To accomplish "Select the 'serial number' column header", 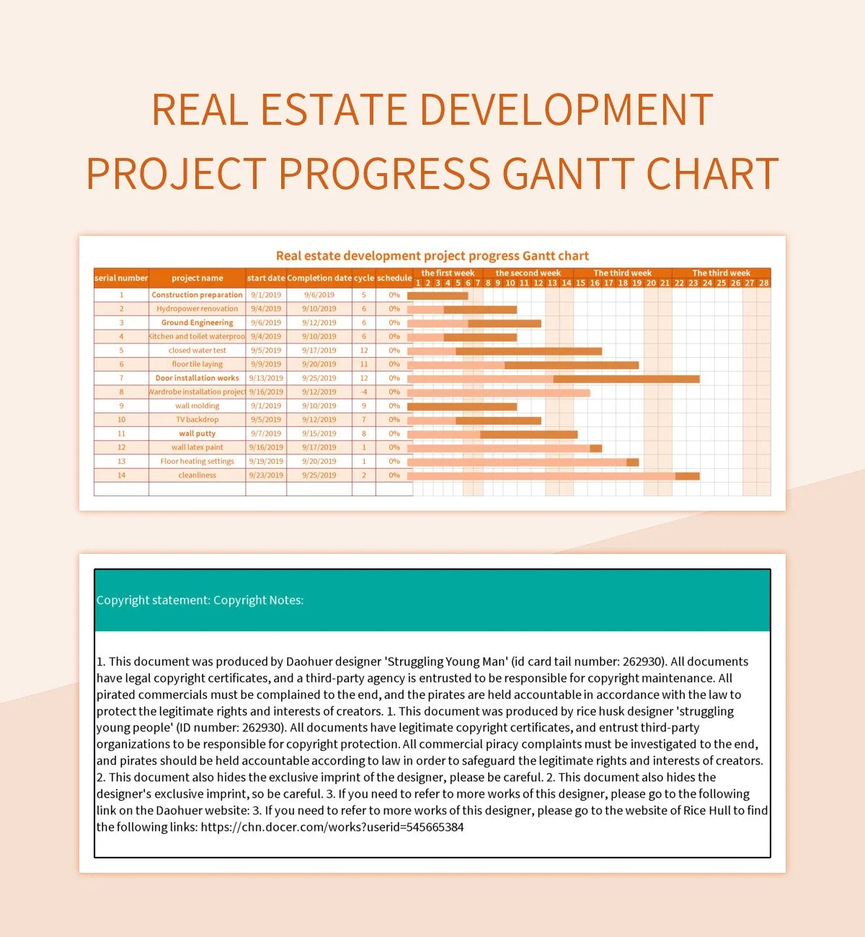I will point(121,278).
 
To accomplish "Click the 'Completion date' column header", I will point(319,278).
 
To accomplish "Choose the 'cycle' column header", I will point(364,278).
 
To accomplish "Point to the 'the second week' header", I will point(528,273).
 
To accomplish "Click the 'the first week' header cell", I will point(448,273).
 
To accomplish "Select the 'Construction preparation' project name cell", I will point(197,295).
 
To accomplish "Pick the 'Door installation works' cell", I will point(197,378).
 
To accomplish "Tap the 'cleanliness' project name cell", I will point(197,475).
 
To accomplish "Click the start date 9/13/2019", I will point(266,378).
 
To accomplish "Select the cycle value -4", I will point(364,392).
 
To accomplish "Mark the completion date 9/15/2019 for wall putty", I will point(319,434).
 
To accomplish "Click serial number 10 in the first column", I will point(121,420).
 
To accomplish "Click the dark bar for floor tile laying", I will point(571,365).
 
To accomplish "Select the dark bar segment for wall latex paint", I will point(595,448).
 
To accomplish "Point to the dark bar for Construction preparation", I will point(438,296).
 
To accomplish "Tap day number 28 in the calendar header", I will point(763,283).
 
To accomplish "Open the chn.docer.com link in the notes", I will point(332,827).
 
